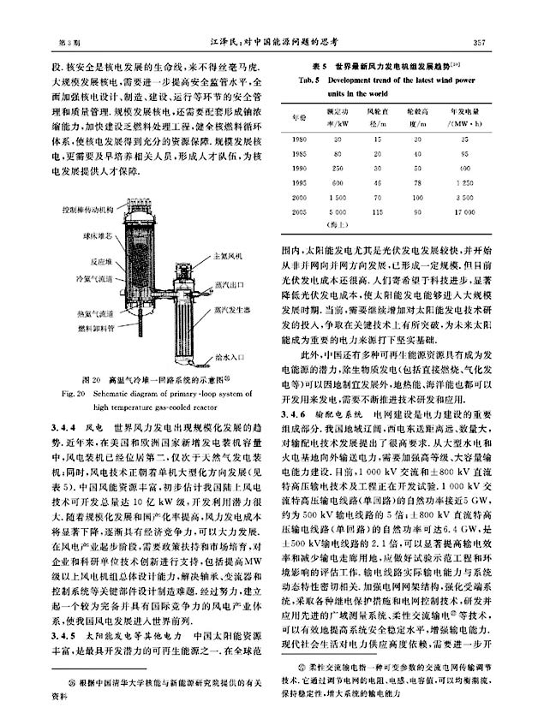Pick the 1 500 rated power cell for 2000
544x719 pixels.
coord(337,195)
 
